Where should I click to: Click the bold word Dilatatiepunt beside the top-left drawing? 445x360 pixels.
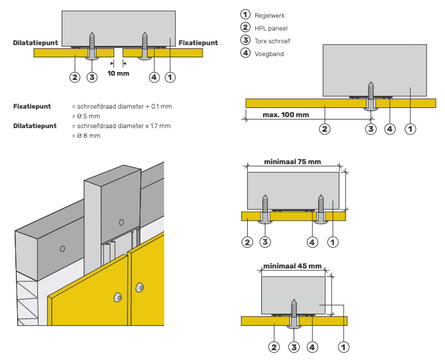point(35,43)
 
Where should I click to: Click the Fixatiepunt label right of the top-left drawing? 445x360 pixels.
point(198,43)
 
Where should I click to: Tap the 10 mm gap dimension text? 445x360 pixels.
point(118,73)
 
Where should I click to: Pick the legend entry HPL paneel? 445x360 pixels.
point(271,28)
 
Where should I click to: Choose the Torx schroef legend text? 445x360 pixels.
point(272,41)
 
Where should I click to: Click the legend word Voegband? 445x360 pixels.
point(269,54)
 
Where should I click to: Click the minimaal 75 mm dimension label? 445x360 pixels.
point(292,163)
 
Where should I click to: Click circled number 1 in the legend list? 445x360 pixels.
point(245,15)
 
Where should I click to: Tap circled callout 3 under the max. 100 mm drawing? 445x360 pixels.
point(371,129)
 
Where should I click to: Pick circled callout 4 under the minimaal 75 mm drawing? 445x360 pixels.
point(313,242)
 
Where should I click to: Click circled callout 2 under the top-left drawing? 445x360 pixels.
point(74,77)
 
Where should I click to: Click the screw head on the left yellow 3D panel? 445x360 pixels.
point(117,296)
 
